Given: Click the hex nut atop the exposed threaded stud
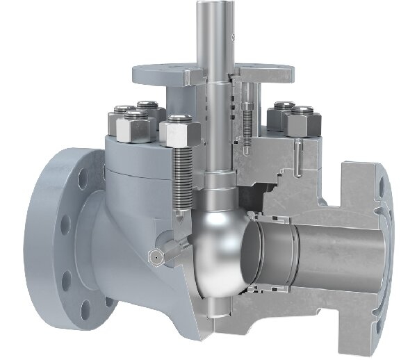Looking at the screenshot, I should pyautogui.click(x=180, y=129).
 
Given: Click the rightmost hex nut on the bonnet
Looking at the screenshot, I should pyautogui.click(x=303, y=122).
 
